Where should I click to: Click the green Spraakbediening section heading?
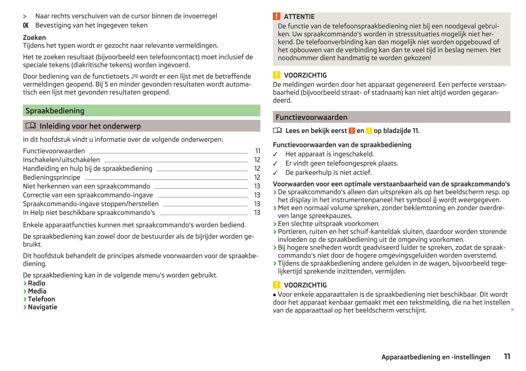[55, 111]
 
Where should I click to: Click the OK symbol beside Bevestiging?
[25, 25]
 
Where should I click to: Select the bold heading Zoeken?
[34, 37]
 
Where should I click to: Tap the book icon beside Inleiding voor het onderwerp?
[31, 126]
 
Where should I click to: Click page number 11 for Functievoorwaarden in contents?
[258, 151]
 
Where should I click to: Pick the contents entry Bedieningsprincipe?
[52, 177]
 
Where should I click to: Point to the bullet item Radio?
[36, 283]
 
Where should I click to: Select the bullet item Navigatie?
[42, 307]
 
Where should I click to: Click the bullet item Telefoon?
[41, 299]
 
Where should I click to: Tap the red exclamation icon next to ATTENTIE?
[277, 16]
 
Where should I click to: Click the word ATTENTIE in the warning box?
[299, 17]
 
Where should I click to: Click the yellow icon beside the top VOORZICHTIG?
[277, 75]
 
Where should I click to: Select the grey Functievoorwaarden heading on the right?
[311, 117]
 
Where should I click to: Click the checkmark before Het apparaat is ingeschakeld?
[275, 155]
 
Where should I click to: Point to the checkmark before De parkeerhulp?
[275, 173]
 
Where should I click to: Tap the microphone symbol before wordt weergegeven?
[435, 200]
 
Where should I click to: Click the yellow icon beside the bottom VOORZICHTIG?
[277, 285]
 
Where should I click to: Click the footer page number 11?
[507, 357]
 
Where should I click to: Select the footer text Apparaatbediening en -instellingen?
[436, 357]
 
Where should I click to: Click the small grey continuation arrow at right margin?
[513, 310]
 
